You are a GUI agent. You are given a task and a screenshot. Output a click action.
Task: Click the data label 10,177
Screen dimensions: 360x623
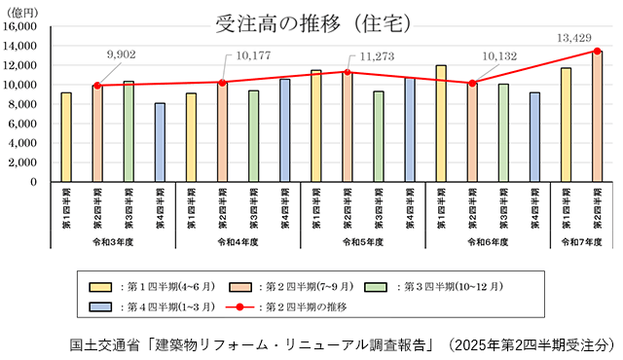251,54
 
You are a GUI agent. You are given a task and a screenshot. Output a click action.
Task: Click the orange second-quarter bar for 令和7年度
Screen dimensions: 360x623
597,117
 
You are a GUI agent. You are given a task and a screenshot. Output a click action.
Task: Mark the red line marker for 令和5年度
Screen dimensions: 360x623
348,72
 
